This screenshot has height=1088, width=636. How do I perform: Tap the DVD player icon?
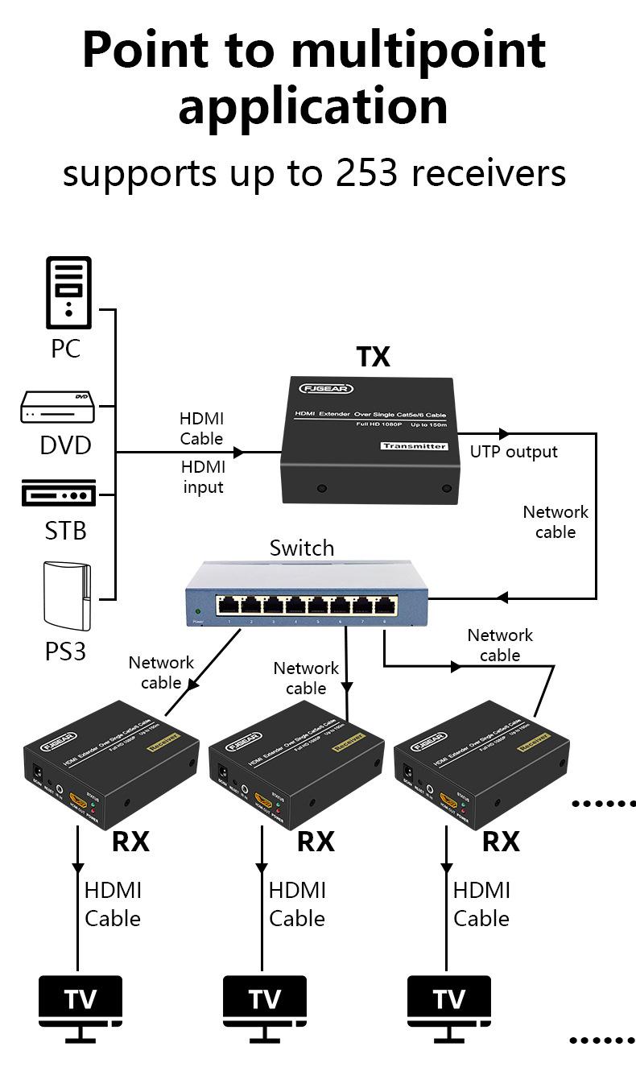(57, 407)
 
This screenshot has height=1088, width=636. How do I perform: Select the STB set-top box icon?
(58, 493)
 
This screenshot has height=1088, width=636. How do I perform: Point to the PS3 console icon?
(67, 596)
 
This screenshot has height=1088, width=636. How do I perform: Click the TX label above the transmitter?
(373, 357)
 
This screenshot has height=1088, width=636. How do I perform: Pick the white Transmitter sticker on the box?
(414, 445)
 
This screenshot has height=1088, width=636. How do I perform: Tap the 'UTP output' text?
(514, 452)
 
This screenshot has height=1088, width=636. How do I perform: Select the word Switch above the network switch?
(301, 548)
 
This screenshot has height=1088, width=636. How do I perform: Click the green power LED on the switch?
(198, 612)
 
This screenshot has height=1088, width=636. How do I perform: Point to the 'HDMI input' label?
(203, 477)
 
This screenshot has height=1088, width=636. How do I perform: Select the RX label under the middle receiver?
(316, 842)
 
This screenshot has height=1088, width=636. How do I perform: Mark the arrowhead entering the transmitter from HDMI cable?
(239, 453)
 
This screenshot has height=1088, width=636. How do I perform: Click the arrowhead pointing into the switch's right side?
(502, 598)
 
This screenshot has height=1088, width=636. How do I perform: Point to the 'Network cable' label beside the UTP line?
(555, 522)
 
